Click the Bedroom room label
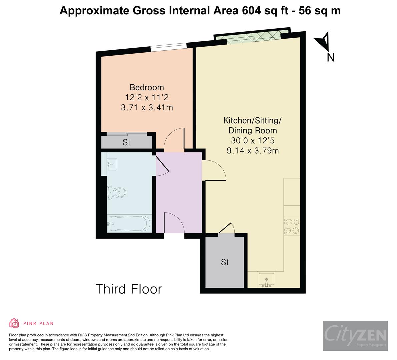(x=147, y=87)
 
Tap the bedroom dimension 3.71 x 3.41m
(x=147, y=108)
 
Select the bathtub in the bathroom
(x=129, y=223)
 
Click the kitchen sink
(x=266, y=279)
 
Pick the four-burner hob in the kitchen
(x=292, y=226)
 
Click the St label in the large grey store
(x=225, y=262)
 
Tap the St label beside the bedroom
(x=126, y=142)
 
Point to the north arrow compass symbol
(x=323, y=41)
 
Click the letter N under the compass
(x=330, y=58)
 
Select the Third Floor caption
(x=128, y=289)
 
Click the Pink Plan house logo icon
(x=14, y=323)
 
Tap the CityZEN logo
(x=355, y=336)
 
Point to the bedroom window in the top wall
(x=168, y=48)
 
